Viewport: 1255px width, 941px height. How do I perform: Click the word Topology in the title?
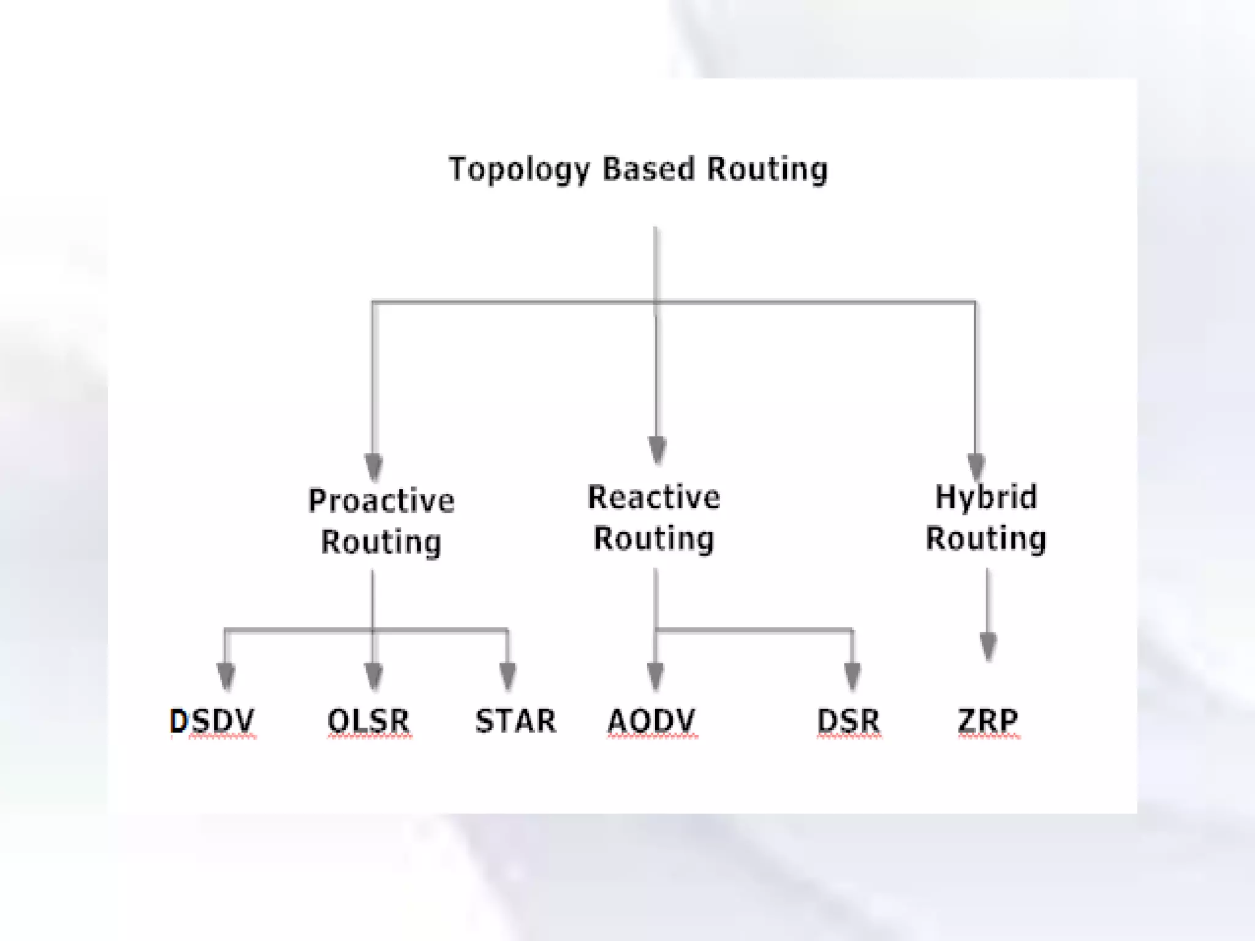click(x=519, y=170)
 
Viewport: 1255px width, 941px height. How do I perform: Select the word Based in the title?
click(x=648, y=168)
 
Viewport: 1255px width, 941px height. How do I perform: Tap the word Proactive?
click(x=381, y=501)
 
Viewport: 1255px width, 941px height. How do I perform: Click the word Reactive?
click(x=654, y=497)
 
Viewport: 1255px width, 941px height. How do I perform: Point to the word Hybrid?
click(x=986, y=497)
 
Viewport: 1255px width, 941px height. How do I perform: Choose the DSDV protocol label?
click(x=212, y=720)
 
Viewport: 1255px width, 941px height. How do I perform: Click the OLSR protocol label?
click(x=368, y=720)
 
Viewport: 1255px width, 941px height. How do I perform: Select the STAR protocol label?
click(x=515, y=720)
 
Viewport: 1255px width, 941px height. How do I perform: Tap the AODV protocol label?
click(x=651, y=720)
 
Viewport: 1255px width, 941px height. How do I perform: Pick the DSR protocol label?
click(x=849, y=720)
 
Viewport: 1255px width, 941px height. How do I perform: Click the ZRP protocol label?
click(x=988, y=720)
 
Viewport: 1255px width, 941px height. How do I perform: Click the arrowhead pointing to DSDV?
click(x=226, y=676)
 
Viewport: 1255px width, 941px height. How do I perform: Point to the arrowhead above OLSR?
click(x=373, y=676)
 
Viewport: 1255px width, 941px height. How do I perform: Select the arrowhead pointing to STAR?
click(x=507, y=676)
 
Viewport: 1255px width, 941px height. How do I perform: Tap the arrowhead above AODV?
click(x=656, y=676)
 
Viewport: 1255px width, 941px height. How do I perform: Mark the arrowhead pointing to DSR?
click(x=852, y=676)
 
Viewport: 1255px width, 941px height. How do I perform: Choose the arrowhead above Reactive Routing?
click(x=657, y=450)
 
